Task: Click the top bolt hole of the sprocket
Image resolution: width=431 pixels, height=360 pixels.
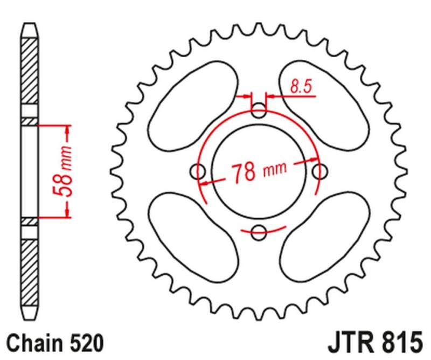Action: [x=260, y=113]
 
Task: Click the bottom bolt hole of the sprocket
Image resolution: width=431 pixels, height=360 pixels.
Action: [x=260, y=233]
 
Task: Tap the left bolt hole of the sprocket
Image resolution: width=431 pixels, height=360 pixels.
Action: [x=199, y=172]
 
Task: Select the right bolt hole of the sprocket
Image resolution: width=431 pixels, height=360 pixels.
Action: [x=320, y=172]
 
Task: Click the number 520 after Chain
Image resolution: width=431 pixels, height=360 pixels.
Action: [x=84, y=343]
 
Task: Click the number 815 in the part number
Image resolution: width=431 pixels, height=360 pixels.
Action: [x=400, y=343]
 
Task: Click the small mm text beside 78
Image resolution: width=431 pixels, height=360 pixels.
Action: [x=274, y=170]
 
